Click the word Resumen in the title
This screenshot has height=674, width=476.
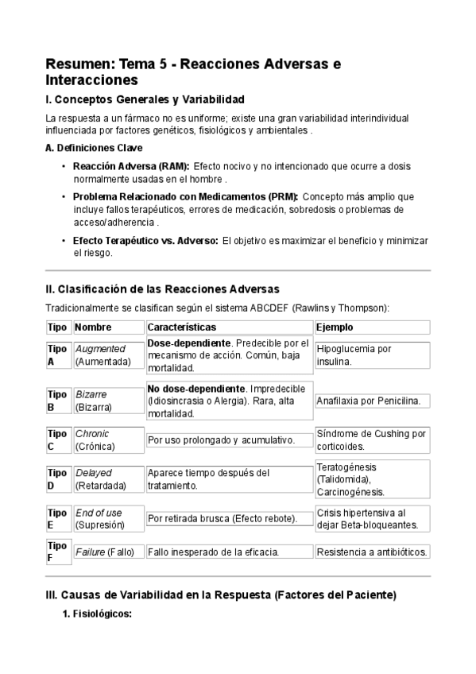coord(78,64)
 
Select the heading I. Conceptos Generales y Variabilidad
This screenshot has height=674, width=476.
coord(145,99)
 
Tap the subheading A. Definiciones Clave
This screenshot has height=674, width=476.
coord(95,148)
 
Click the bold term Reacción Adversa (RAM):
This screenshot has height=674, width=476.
coord(131,166)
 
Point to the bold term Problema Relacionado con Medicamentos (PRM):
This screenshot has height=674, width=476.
coord(185,196)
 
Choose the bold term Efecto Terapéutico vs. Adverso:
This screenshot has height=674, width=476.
coord(145,240)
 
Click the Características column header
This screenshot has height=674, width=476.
coord(182,327)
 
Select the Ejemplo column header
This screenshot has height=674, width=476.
coord(335,327)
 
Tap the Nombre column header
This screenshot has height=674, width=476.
coord(93,327)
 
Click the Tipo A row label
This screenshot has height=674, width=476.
coord(57,355)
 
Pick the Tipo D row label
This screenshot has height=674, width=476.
coord(57,479)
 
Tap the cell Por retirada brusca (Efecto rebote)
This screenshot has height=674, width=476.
coord(223,519)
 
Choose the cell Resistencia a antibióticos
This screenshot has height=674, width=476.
coord(372,552)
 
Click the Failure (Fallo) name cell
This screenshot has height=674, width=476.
coord(104,552)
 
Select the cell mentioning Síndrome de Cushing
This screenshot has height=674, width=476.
coord(371,440)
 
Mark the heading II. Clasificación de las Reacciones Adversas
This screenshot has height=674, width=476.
coord(162,289)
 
